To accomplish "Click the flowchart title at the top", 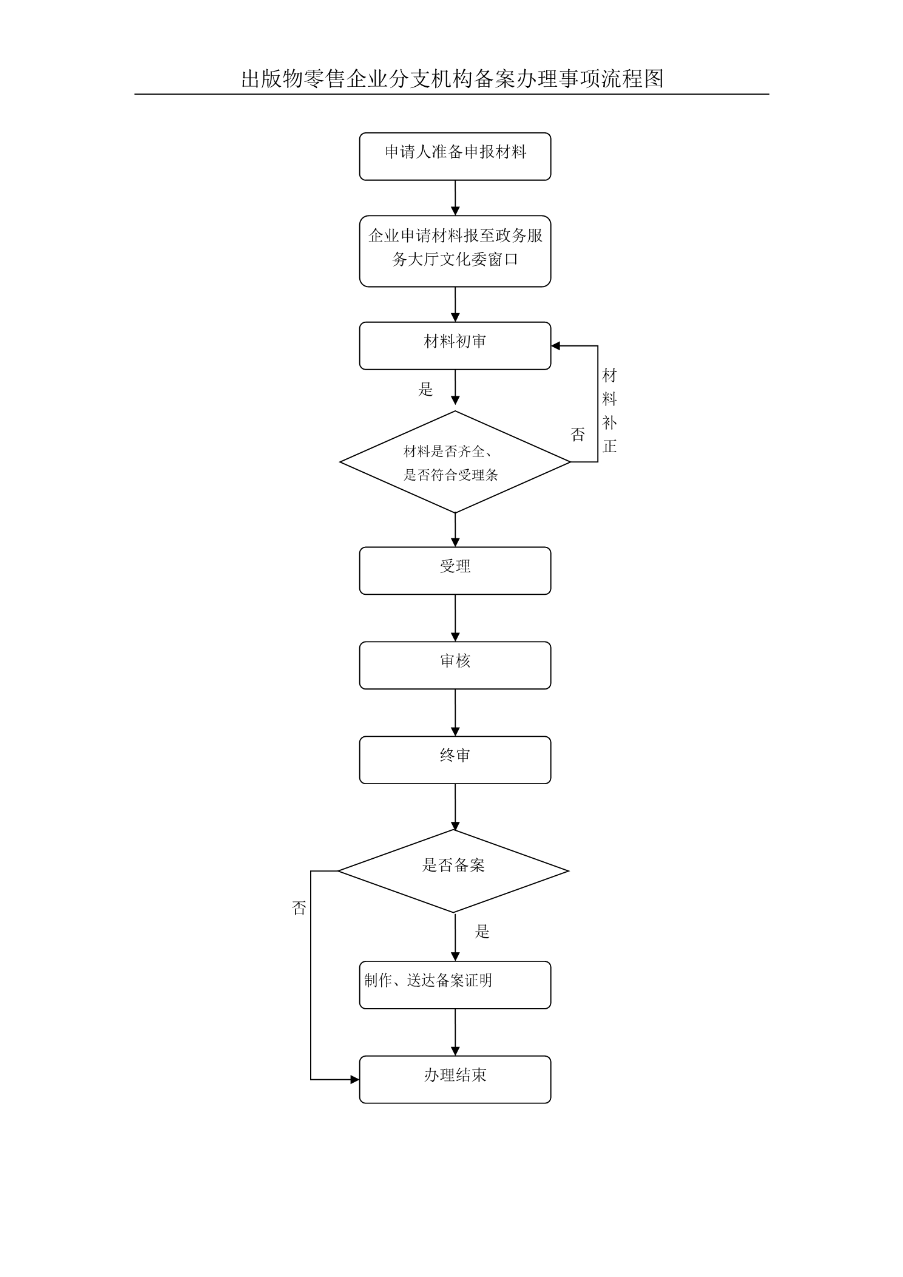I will pyautogui.click(x=452, y=79).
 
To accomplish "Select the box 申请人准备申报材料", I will pyautogui.click(x=455, y=157).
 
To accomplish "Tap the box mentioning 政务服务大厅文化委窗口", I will pyautogui.click(x=455, y=251).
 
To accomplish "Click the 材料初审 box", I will pyautogui.click(x=455, y=345).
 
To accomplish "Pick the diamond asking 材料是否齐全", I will pyautogui.click(x=455, y=462).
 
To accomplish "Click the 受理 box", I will pyautogui.click(x=455, y=571).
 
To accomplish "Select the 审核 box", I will pyautogui.click(x=455, y=665).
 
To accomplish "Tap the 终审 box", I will pyautogui.click(x=455, y=760).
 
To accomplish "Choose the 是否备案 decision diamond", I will pyautogui.click(x=453, y=870).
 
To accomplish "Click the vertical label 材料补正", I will pyautogui.click(x=609, y=411).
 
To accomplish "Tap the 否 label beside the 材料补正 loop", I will pyautogui.click(x=578, y=434).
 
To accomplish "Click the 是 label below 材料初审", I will pyautogui.click(x=425, y=389).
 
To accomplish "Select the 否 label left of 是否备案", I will pyautogui.click(x=299, y=908).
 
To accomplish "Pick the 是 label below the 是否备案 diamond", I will pyautogui.click(x=482, y=932).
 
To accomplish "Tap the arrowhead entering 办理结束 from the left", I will pyautogui.click(x=355, y=1080).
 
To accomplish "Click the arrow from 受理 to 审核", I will pyautogui.click(x=455, y=618).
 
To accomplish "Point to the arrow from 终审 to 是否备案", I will pyautogui.click(x=455, y=807).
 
